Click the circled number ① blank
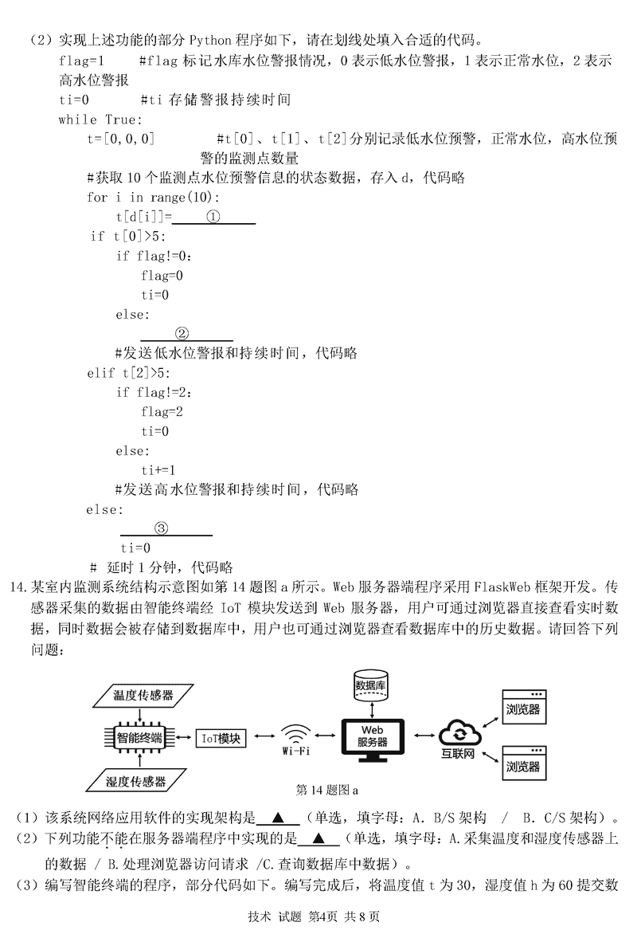(x=213, y=216)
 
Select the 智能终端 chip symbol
(x=139, y=738)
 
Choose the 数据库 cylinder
(x=371, y=685)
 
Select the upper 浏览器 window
(x=522, y=707)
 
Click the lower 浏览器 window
(x=522, y=764)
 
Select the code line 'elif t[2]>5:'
(x=128, y=373)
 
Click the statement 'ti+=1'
(x=158, y=470)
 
